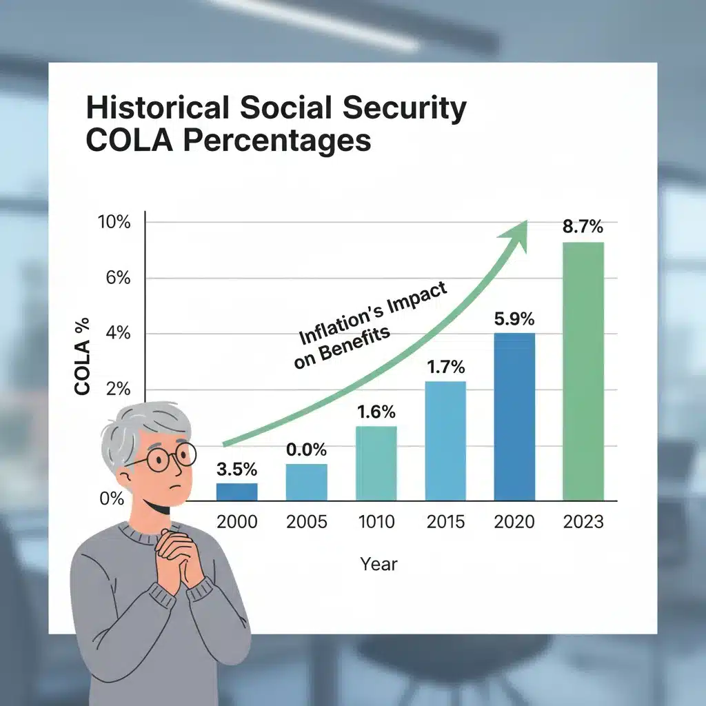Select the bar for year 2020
tap(514, 416)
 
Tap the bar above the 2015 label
tap(445, 441)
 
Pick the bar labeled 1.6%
tap(376, 463)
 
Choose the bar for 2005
tap(307, 482)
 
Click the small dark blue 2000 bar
tap(236, 492)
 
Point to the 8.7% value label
tap(583, 226)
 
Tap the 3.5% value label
tap(236, 470)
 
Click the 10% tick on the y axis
tap(114, 223)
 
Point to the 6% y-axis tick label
tap(118, 279)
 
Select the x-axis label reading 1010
tap(376, 522)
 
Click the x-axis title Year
tap(379, 564)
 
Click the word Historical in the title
tap(157, 110)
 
